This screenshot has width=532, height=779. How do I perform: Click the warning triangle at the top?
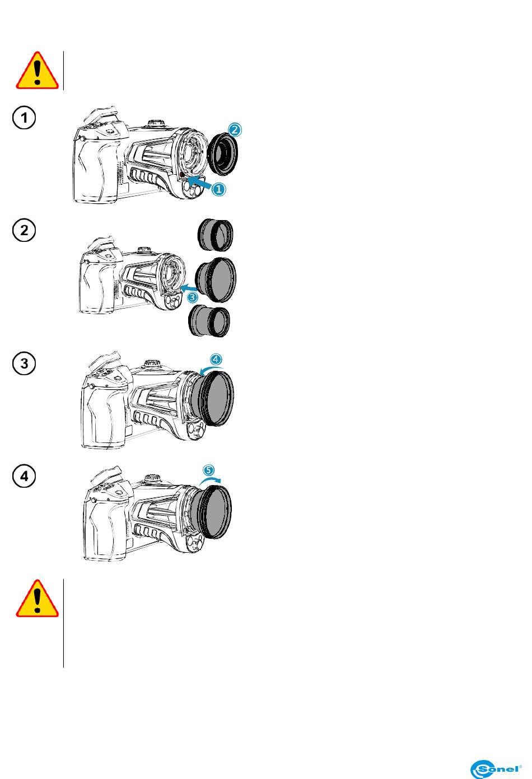pyautogui.click(x=37, y=71)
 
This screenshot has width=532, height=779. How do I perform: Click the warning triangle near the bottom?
pyautogui.click(x=37, y=599)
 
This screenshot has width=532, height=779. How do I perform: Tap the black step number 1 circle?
pyautogui.click(x=24, y=118)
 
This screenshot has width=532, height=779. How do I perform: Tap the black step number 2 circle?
pyautogui.click(x=24, y=230)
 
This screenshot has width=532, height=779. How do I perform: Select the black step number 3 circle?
pyautogui.click(x=24, y=363)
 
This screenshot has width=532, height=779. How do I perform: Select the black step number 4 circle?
pyautogui.click(x=24, y=476)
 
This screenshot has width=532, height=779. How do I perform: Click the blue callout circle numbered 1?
pyautogui.click(x=219, y=189)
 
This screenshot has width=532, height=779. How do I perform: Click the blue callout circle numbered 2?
pyautogui.click(x=235, y=130)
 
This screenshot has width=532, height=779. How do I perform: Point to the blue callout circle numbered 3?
pyautogui.click(x=192, y=297)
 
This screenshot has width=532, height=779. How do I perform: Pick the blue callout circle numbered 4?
pyautogui.click(x=216, y=359)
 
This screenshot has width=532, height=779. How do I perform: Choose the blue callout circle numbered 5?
pyautogui.click(x=208, y=470)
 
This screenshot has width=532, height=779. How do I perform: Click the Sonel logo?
pyautogui.click(x=496, y=768)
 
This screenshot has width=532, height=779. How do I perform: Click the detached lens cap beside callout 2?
pyautogui.click(x=222, y=155)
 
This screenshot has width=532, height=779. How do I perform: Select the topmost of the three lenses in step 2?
pyautogui.click(x=215, y=235)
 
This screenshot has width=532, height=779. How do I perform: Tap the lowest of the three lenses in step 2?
pyautogui.click(x=209, y=321)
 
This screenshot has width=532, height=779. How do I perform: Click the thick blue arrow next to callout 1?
pyautogui.click(x=199, y=181)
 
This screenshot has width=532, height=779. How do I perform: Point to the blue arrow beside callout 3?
pyautogui.click(x=189, y=288)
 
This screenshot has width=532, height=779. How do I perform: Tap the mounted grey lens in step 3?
pyautogui.click(x=213, y=398)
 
